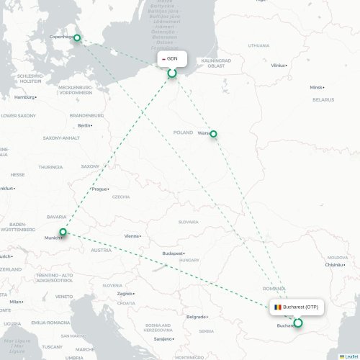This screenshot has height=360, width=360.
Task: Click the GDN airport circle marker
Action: (x=172, y=73)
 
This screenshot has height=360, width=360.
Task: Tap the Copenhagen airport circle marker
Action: (x=77, y=39)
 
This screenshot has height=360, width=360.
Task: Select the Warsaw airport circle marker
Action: (x=213, y=134)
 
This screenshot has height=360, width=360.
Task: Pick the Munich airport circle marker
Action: (x=63, y=232)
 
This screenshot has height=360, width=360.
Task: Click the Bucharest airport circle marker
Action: (x=298, y=323)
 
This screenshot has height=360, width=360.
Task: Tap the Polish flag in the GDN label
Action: (x=163, y=59)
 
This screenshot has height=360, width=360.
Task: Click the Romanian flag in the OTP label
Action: (x=277, y=307)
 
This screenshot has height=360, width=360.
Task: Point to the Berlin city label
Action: (x=84, y=125)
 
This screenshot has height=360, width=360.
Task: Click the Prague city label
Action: (x=99, y=189)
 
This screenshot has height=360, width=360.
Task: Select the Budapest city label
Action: (x=174, y=253)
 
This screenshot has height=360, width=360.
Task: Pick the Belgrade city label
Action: (x=196, y=316)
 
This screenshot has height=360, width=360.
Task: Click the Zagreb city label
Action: (x=125, y=293)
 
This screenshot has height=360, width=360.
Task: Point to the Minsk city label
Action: (x=316, y=87)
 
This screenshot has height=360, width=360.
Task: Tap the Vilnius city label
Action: (x=278, y=66)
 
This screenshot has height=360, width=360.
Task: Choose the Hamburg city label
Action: (x=24, y=96)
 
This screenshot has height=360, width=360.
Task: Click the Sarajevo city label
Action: (x=163, y=338)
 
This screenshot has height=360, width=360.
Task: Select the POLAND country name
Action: (x=183, y=132)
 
